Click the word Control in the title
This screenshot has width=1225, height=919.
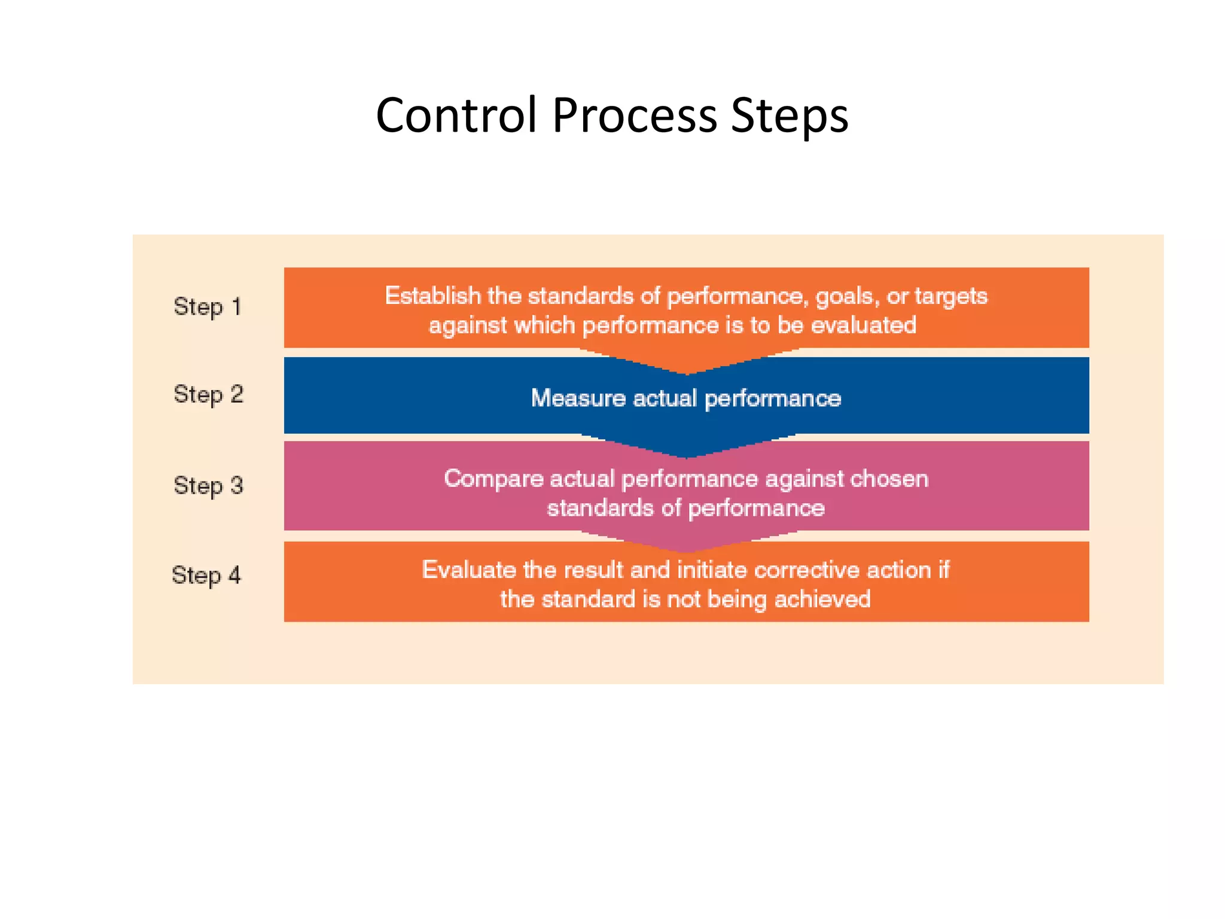456,115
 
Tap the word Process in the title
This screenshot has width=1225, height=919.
634,115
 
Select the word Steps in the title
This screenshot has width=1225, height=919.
789,115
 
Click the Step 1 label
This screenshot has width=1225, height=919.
207,307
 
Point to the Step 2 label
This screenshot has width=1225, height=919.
208,395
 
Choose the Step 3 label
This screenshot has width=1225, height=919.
208,485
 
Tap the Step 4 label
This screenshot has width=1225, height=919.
206,575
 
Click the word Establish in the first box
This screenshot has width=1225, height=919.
432,296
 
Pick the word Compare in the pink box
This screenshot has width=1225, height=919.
493,479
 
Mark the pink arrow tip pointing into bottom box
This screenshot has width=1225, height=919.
687,545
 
